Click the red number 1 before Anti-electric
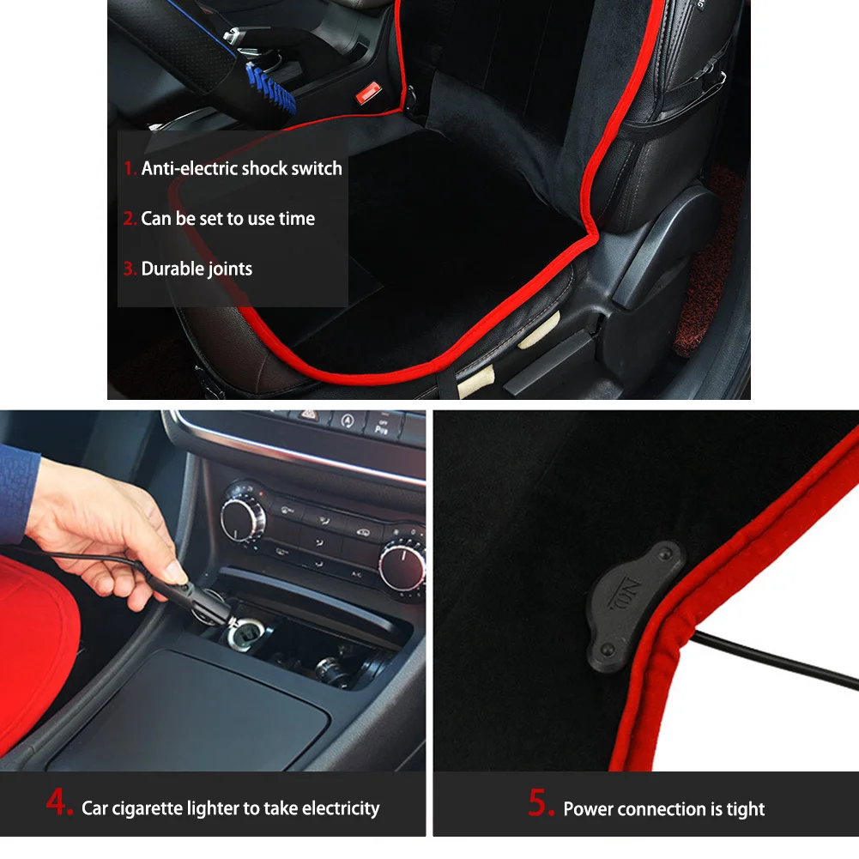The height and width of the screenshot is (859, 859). (x=130, y=168)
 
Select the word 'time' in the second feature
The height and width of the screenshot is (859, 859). (x=297, y=219)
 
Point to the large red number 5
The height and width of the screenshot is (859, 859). (x=541, y=805)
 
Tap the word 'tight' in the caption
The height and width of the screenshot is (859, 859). (x=744, y=809)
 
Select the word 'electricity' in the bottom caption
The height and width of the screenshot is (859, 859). (x=341, y=808)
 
